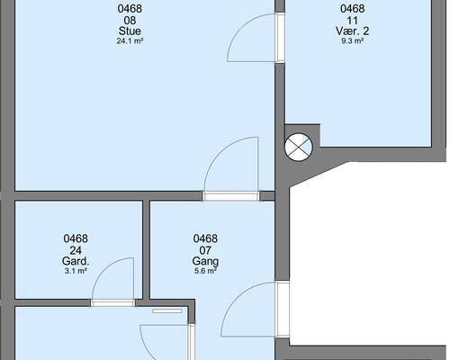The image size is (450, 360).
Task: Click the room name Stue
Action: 130,31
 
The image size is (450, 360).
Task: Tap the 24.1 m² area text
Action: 130,40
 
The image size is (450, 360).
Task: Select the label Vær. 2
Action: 353,31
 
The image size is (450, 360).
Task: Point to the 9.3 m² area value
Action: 353,40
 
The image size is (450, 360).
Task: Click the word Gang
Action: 205,261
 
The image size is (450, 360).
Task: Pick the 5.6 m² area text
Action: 205,271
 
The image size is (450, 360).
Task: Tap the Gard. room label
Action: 76,261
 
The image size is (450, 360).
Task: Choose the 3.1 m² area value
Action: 76,271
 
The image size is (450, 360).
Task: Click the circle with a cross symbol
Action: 299,147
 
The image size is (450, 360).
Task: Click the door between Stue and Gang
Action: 230,168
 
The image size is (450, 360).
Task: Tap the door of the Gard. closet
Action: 112,282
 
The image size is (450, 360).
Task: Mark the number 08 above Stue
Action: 130,21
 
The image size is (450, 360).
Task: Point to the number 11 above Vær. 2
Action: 353,21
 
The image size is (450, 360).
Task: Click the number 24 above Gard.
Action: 76,250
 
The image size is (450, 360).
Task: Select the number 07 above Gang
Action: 205,250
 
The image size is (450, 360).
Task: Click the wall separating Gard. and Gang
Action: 146,249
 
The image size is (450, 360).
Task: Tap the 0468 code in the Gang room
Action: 205,238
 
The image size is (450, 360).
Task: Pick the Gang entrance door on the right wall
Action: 255,310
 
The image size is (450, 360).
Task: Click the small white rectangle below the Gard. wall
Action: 167,311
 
